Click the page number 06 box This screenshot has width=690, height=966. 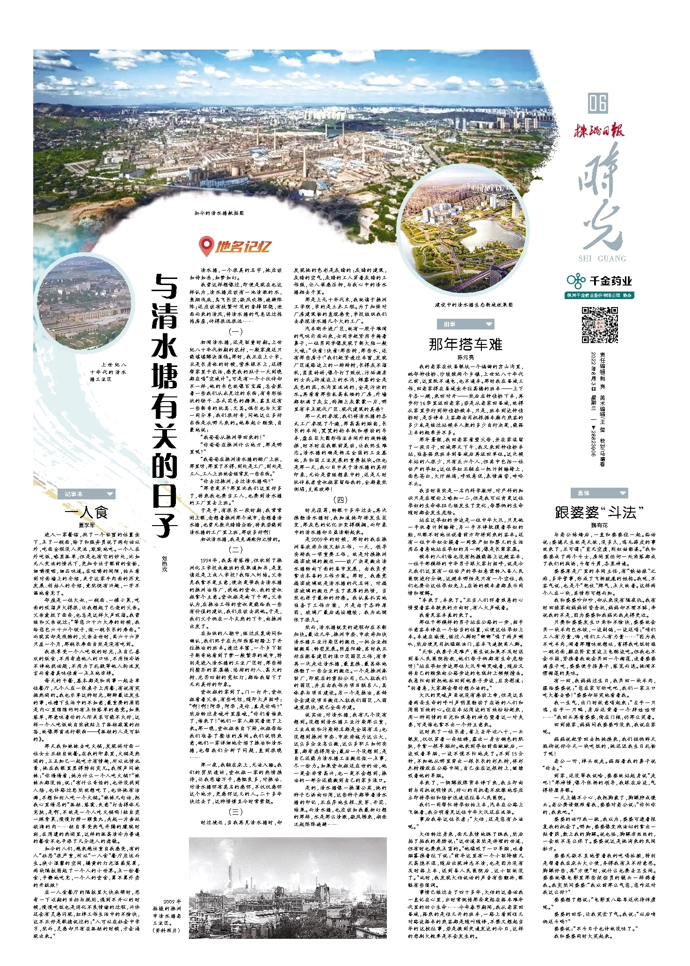click(598, 103)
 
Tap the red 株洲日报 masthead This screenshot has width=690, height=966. click(599, 130)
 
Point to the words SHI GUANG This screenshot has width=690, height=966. click(602, 258)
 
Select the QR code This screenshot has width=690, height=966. click(600, 325)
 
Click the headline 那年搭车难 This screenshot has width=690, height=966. click(465, 344)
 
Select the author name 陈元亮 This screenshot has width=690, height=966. click(465, 357)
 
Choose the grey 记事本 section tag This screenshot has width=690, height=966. click(87, 494)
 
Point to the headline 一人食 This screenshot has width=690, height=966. click(87, 512)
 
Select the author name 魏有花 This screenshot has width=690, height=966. click(599, 525)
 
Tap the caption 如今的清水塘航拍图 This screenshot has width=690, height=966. click(219, 213)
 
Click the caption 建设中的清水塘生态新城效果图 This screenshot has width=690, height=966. click(473, 305)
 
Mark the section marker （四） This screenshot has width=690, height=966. click(340, 499)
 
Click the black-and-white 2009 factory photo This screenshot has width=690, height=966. click(288, 887)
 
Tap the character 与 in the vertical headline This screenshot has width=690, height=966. click(165, 286)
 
